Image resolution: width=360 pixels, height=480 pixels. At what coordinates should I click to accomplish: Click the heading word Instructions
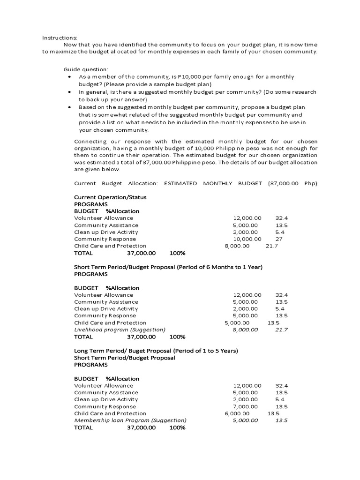(60, 37)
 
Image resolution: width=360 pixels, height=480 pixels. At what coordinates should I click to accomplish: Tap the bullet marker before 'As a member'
(69, 76)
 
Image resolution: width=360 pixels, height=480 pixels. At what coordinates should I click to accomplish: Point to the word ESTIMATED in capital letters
(180, 183)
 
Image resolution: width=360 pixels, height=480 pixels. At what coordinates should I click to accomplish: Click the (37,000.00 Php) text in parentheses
(292, 183)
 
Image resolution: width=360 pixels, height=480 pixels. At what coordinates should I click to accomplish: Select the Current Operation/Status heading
(110, 197)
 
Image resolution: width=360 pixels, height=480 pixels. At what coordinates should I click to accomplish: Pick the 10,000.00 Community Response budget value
(247, 239)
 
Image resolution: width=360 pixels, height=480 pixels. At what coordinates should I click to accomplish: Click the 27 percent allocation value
(279, 239)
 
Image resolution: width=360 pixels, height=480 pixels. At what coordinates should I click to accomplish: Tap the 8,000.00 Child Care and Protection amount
(237, 246)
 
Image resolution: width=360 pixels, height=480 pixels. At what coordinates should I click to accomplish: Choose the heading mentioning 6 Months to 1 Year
(168, 267)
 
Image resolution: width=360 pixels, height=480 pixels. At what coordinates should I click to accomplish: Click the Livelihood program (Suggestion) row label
(120, 330)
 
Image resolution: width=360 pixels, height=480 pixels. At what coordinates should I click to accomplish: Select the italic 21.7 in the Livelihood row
(281, 330)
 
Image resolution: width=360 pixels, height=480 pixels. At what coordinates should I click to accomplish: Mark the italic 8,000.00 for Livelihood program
(245, 330)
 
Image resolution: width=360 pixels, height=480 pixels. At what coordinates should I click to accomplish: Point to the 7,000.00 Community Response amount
(245, 406)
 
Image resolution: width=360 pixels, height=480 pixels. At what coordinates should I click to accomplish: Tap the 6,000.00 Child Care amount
(237, 413)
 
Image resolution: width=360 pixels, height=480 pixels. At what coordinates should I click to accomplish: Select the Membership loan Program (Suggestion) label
(130, 420)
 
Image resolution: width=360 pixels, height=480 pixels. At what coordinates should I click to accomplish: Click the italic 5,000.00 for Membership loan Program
(245, 420)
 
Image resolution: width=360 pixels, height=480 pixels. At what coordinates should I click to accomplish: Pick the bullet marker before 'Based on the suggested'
(69, 107)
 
